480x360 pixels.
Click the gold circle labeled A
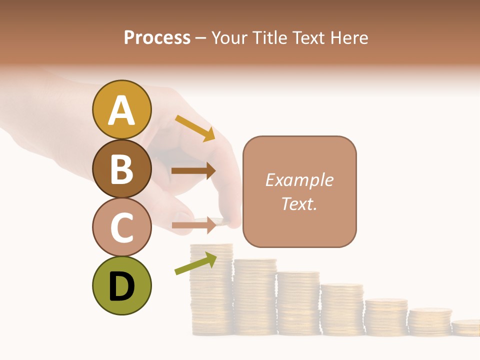121,109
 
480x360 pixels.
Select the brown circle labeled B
121,168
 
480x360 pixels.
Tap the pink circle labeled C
121,226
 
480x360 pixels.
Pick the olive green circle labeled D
121,285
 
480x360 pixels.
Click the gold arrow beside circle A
195,128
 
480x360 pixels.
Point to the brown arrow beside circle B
193,170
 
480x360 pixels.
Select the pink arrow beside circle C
193,226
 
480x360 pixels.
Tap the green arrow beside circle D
195,263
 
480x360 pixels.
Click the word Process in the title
157,37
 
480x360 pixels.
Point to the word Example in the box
299,180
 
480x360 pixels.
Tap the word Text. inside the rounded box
299,203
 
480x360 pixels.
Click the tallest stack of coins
211,290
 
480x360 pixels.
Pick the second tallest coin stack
255,297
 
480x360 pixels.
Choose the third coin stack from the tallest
298,303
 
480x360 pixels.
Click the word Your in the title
229,37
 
